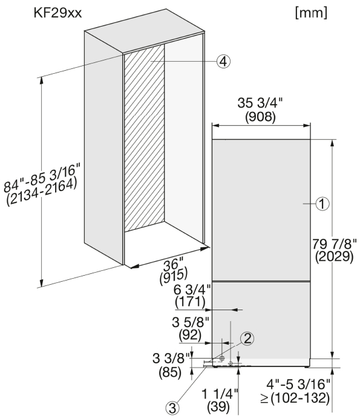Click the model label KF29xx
[x=57, y=13]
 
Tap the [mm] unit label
[x=311, y=13]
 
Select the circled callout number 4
[x=223, y=62]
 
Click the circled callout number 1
[x=322, y=204]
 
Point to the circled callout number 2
[x=247, y=339]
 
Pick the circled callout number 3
[x=172, y=408]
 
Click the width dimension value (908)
[x=260, y=117]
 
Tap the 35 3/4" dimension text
[x=260, y=103]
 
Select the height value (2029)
[x=334, y=257]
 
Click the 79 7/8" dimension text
[x=335, y=244]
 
